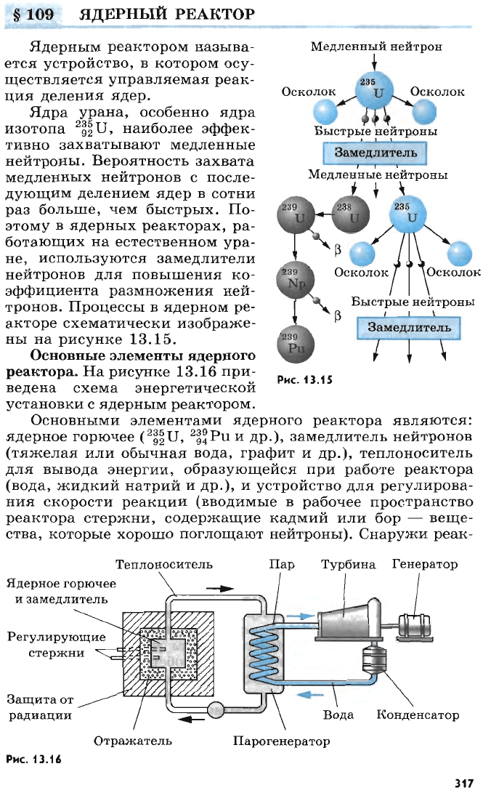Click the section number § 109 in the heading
tap(33, 14)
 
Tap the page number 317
tap(464, 783)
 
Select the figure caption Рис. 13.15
tap(304, 380)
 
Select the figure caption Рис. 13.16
tap(33, 759)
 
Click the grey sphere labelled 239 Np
tap(296, 280)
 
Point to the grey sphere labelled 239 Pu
tap(296, 344)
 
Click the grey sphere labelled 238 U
tap(351, 214)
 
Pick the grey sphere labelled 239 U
tap(296, 215)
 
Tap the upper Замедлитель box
tap(376, 153)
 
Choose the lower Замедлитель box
tap(409, 328)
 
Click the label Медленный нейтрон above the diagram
tap(376, 47)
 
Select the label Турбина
tap(349, 565)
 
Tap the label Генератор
tap(425, 565)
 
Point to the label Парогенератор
tap(281, 741)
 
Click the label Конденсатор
tap(418, 715)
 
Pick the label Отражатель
tap(133, 741)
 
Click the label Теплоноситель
tap(164, 565)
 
